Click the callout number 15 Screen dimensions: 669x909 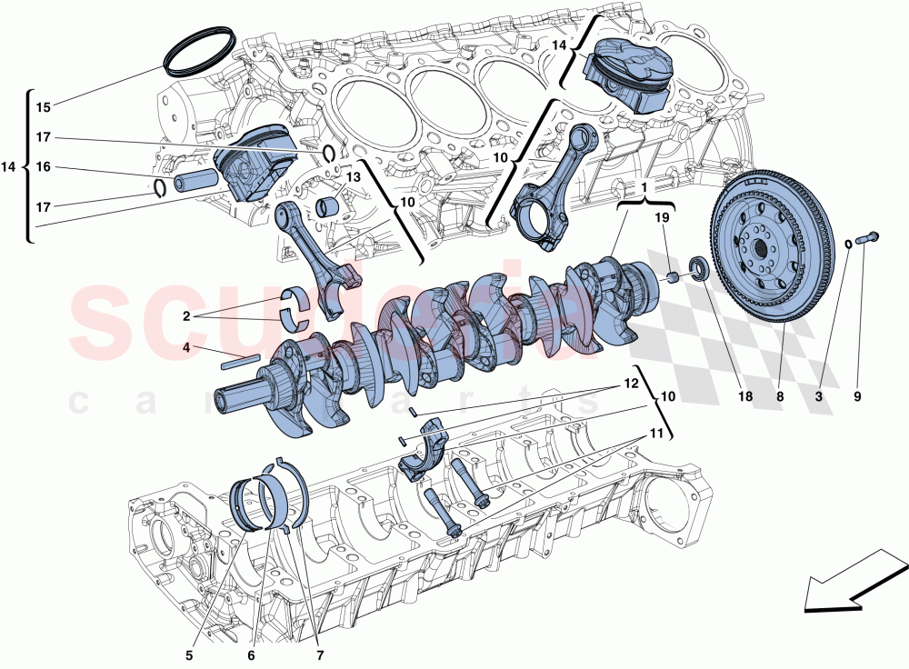[x=43, y=107]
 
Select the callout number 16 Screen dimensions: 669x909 [x=43, y=167]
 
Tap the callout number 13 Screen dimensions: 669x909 [x=353, y=176]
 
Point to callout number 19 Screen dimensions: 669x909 [x=662, y=218]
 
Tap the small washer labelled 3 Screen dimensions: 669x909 [x=849, y=243]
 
